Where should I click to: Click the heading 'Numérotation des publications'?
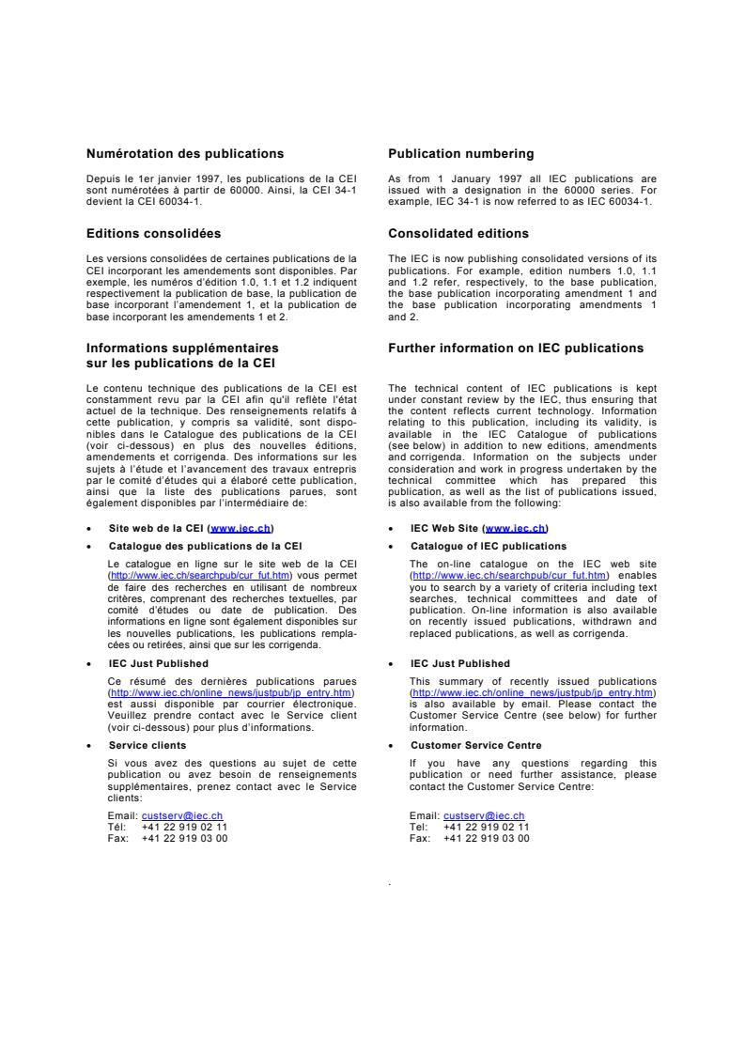[x=185, y=153]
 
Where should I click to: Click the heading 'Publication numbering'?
[x=460, y=153]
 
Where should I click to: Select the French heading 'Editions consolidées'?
[x=154, y=233]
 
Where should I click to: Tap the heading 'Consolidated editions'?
[x=458, y=233]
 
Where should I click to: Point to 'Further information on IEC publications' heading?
[x=516, y=349]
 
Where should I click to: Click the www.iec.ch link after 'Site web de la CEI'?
[x=242, y=529]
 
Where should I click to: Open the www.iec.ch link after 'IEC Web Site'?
[x=516, y=529]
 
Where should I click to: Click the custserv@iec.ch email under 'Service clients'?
[x=182, y=816]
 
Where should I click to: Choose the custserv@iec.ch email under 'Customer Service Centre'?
[x=484, y=816]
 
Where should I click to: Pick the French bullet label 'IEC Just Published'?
[x=159, y=663]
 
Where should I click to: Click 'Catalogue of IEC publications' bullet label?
[x=489, y=546]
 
